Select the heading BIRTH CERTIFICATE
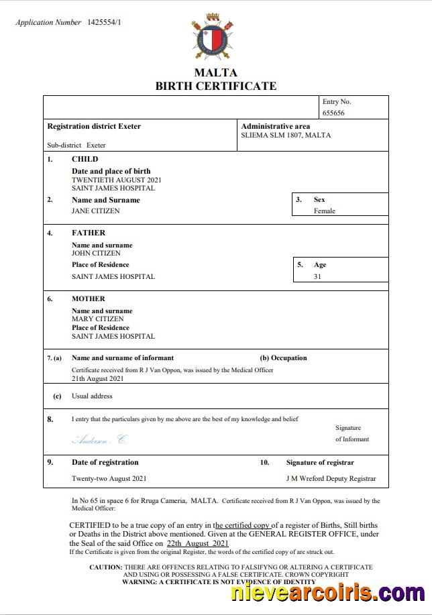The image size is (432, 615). coord(215,86)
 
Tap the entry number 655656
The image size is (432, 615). coord(333,113)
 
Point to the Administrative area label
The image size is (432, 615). coord(275,126)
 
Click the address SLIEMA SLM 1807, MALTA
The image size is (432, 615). coord(286,135)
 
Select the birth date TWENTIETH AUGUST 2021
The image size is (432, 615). coord(116,180)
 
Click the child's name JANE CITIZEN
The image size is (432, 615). coord(96,211)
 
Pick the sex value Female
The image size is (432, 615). coord(324,211)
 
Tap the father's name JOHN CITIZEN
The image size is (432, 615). coord(96,254)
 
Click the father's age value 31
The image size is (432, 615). coord(317,276)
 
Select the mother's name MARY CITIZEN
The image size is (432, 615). coord(97,319)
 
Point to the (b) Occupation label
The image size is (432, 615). coord(283,357)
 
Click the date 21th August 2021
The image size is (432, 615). coord(98,378)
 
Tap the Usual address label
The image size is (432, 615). coord(92,396)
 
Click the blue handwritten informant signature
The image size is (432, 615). coord(99,440)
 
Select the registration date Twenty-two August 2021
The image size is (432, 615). coord(109,479)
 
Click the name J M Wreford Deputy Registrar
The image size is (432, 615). coord(331,479)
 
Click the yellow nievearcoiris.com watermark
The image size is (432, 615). coord(327,594)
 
